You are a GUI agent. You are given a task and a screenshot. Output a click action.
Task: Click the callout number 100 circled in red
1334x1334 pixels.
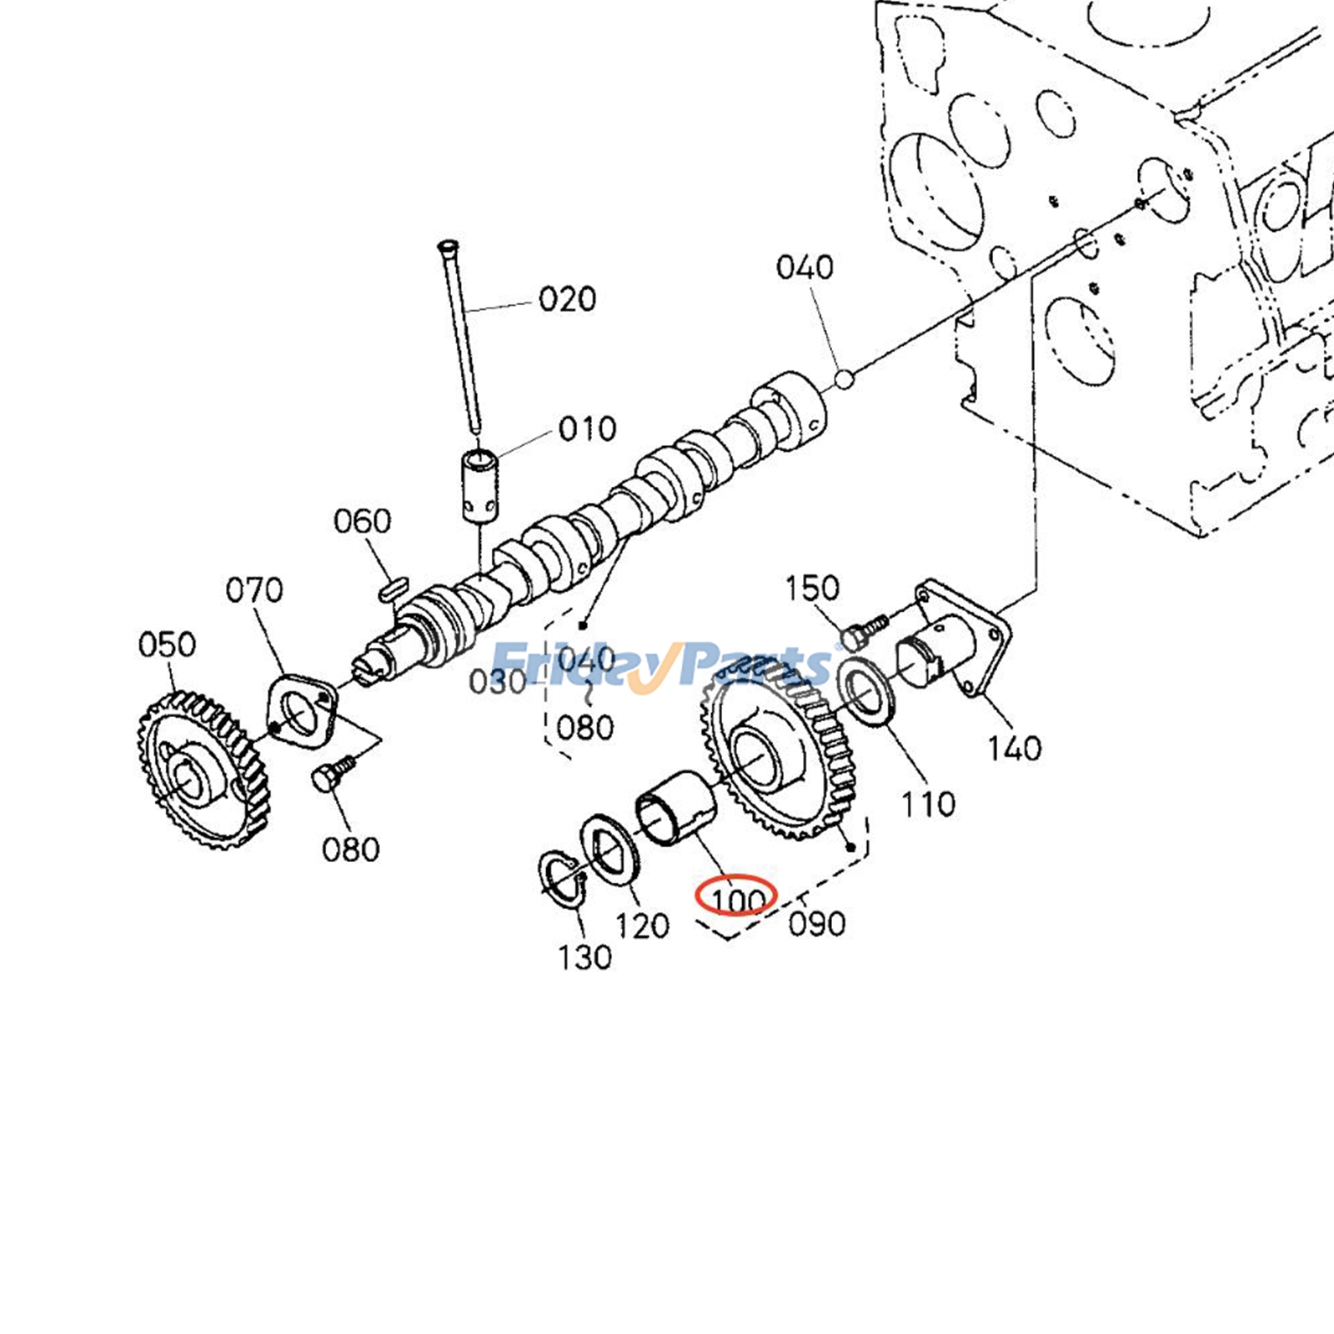(737, 898)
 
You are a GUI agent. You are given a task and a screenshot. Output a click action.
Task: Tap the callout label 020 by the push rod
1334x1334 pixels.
(567, 299)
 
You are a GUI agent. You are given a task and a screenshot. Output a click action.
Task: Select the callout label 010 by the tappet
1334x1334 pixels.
(587, 429)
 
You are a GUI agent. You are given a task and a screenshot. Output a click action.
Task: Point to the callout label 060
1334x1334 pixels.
(362, 522)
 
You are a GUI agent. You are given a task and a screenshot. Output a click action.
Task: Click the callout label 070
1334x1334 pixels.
(254, 590)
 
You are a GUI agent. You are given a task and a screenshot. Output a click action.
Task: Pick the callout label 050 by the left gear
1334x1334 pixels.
(167, 644)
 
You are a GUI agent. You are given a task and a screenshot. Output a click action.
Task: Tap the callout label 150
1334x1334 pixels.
(811, 589)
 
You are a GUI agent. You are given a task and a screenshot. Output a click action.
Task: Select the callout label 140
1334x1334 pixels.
(1014, 748)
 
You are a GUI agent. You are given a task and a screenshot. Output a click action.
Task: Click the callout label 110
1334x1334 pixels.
(927, 805)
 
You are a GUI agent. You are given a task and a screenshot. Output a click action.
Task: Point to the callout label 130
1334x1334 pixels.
(584, 957)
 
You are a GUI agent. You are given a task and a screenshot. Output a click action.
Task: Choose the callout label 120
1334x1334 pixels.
(642, 925)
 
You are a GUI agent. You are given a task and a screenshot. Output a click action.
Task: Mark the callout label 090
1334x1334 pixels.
(816, 924)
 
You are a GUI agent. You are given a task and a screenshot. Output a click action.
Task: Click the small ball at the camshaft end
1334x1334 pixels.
(844, 380)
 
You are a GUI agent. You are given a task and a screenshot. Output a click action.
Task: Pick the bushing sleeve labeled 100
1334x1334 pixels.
(676, 808)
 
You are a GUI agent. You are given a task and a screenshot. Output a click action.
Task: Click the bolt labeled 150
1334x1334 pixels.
(859, 634)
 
